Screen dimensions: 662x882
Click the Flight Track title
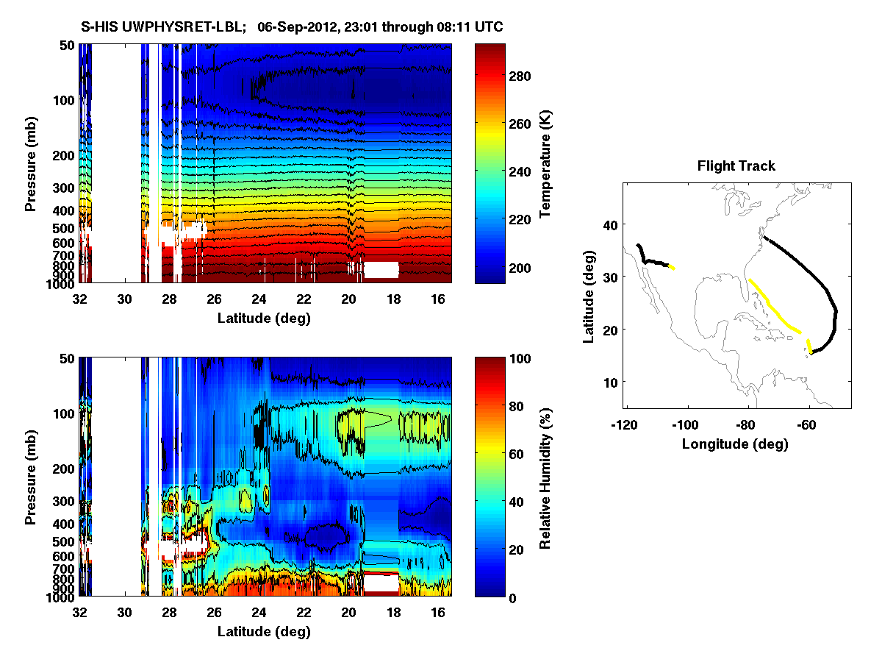(x=736, y=166)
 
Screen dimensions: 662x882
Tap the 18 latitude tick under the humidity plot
(x=394, y=613)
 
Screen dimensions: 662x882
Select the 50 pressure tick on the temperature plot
(x=66, y=45)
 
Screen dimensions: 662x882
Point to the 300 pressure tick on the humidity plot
(x=63, y=502)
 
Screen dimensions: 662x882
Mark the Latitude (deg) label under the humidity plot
(x=264, y=632)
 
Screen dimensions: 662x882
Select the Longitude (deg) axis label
(x=735, y=444)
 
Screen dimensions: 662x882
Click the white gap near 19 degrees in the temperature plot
(x=382, y=269)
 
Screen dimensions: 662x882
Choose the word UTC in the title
(x=489, y=27)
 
